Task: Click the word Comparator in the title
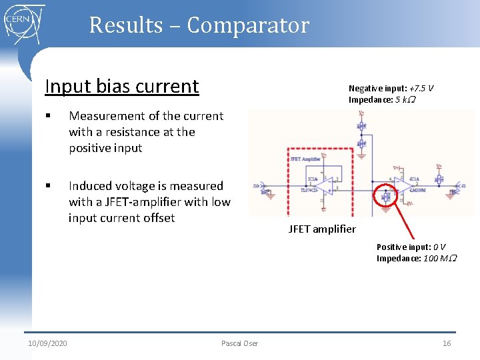[248, 25]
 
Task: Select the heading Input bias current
[121, 86]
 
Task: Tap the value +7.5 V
[421, 88]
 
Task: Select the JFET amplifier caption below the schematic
[322, 229]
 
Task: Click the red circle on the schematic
[386, 195]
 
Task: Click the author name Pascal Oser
[239, 343]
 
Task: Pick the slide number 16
[447, 343]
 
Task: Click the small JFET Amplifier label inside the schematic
[305, 159]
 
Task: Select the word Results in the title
[126, 25]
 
